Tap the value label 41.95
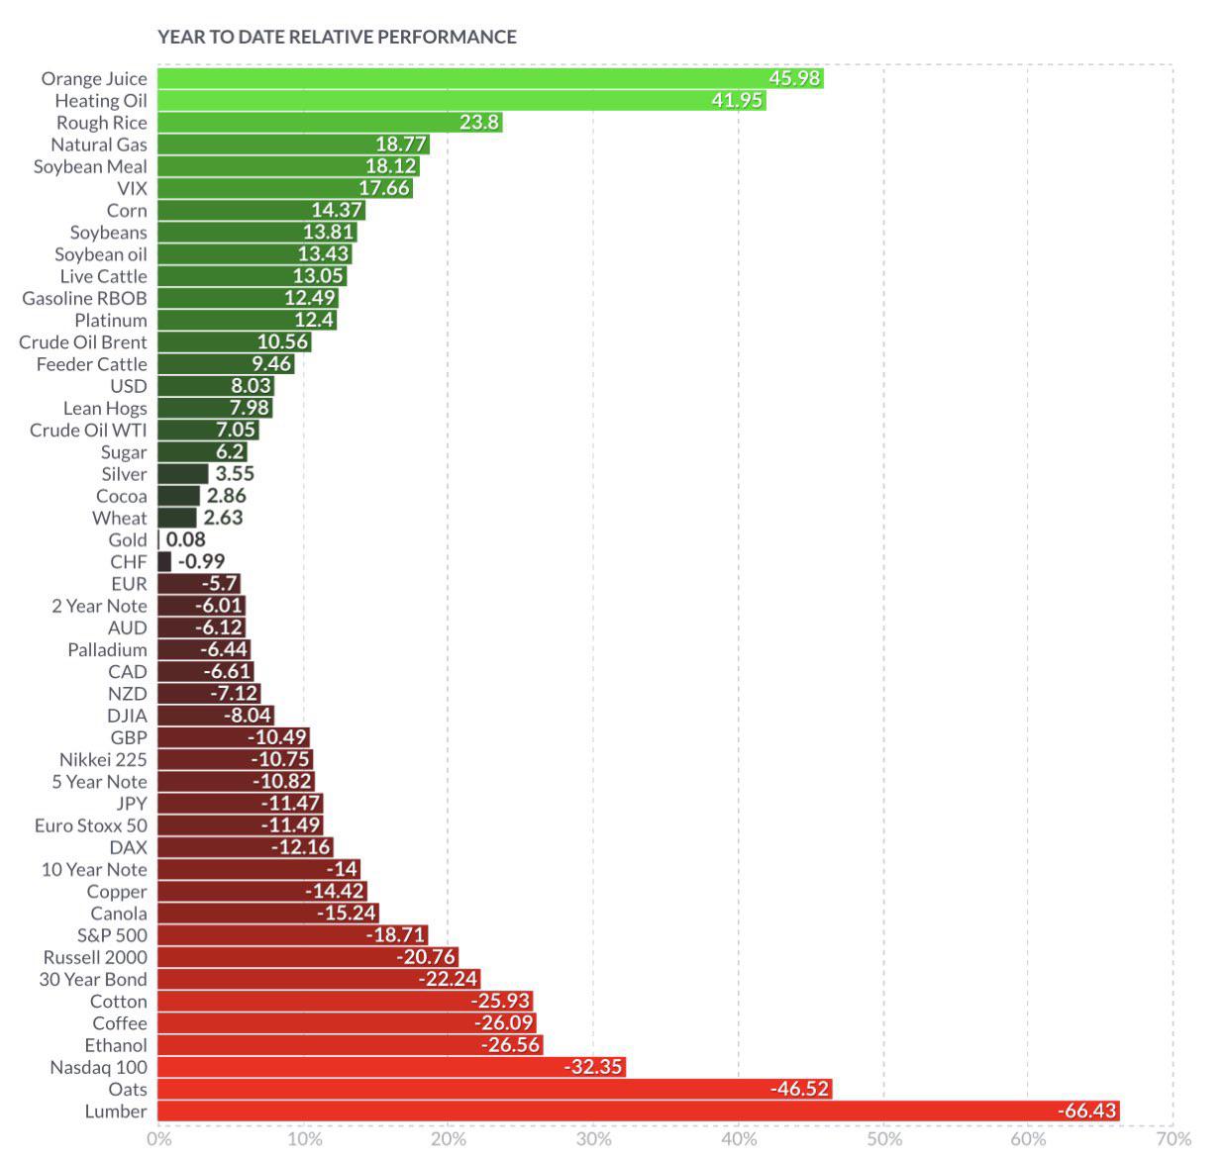pos(737,100)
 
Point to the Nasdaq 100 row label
pos(98,1067)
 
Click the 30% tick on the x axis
pos(594,1139)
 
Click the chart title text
pos(337,37)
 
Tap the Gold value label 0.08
pos(185,539)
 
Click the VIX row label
pos(132,188)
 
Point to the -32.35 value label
pos(594,1067)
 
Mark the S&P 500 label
pos(112,935)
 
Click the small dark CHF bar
pos(164,561)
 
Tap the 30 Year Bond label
pos(93,979)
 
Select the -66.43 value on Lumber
pos(1087,1111)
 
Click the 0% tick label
pos(158,1139)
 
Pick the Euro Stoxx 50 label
pos(90,825)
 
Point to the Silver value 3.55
pos(235,474)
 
